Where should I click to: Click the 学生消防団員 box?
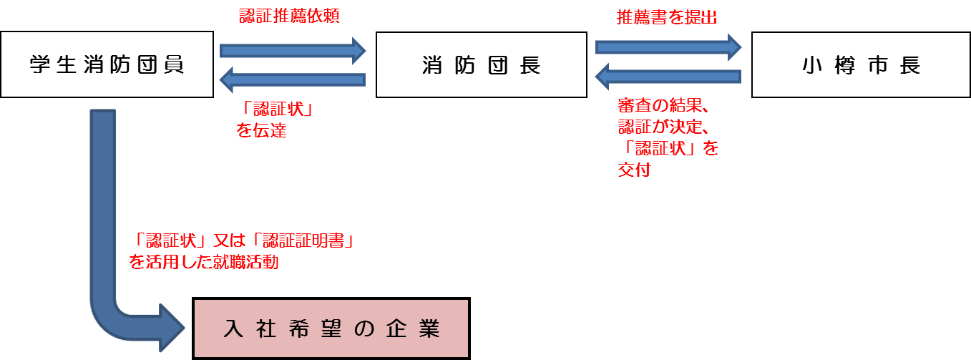(x=107, y=64)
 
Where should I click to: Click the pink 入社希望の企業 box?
(x=331, y=329)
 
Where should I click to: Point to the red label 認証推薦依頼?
(x=288, y=16)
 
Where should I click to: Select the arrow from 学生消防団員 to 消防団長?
(x=293, y=50)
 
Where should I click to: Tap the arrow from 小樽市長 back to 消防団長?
(x=668, y=76)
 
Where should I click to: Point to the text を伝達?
(x=260, y=131)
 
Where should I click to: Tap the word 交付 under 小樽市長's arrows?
(x=634, y=171)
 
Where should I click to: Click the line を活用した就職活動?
(x=203, y=263)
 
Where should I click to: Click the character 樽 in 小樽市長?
(x=842, y=65)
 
